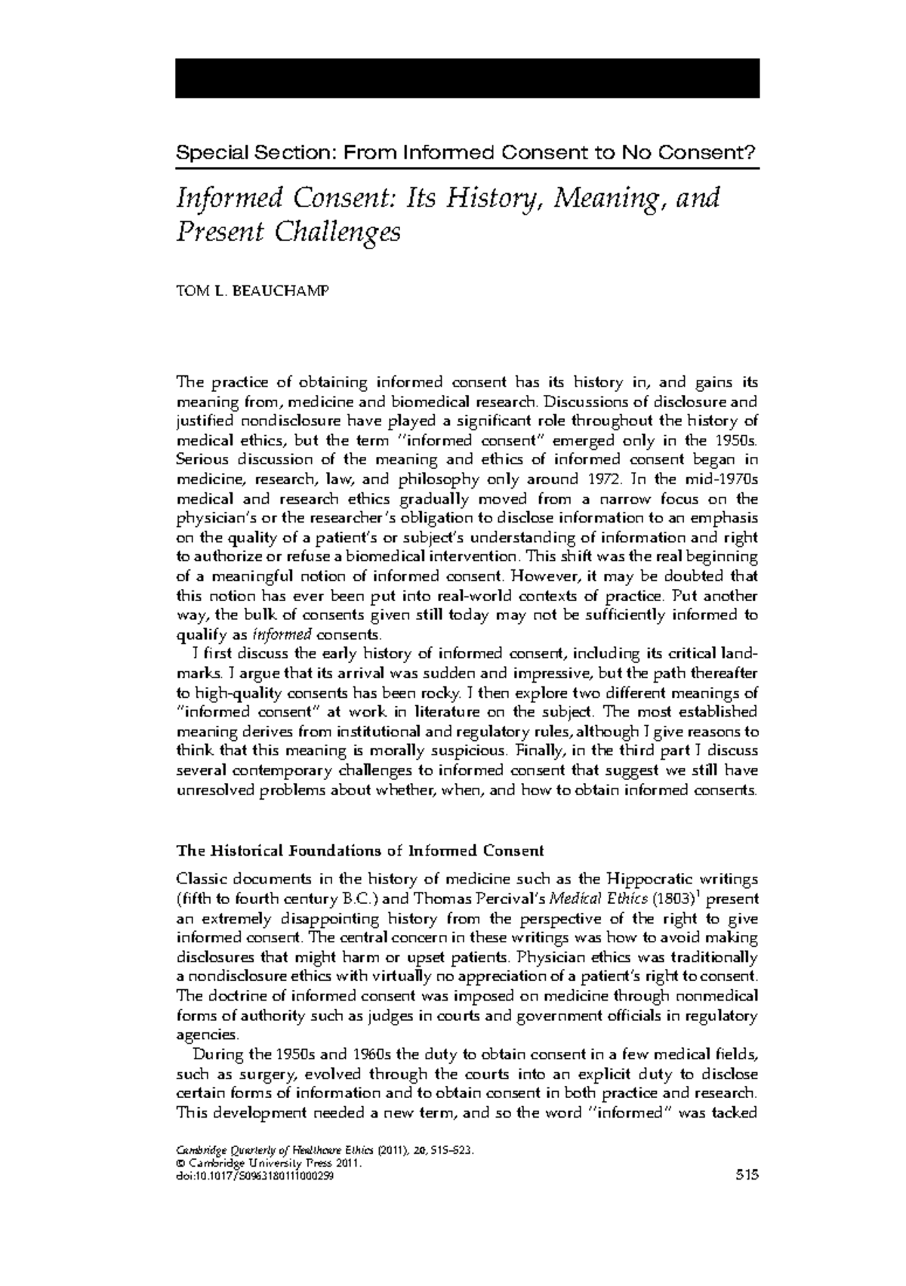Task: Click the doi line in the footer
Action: tap(254, 1197)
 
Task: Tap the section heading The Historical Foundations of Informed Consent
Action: tap(359, 850)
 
